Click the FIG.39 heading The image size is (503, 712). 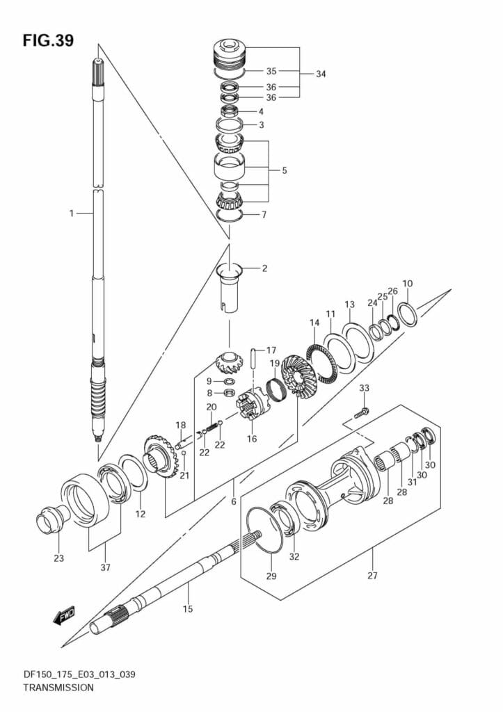pyautogui.click(x=48, y=41)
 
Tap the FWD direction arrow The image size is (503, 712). pyautogui.click(x=63, y=616)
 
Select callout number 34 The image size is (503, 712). pyautogui.click(x=321, y=74)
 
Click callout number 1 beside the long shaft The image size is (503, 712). pyautogui.click(x=72, y=213)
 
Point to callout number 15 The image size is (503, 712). pyautogui.click(x=188, y=609)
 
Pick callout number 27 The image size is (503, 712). pyautogui.click(x=373, y=576)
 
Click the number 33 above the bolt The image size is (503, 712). pyautogui.click(x=364, y=388)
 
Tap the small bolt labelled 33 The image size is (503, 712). pyautogui.click(x=362, y=413)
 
